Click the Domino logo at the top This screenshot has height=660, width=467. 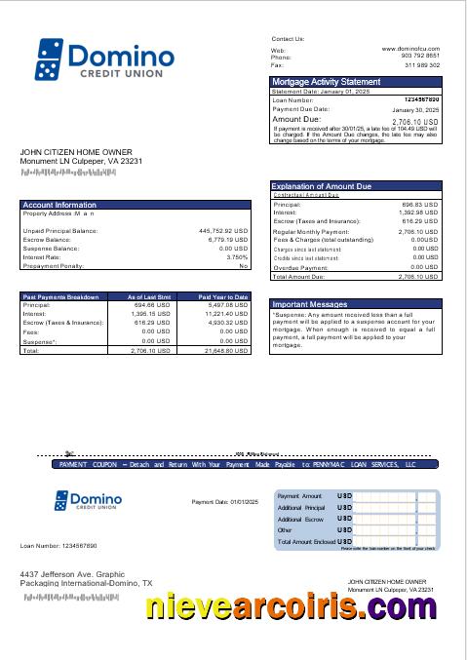coord(104,59)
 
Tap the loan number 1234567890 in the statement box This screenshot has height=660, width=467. coord(420,99)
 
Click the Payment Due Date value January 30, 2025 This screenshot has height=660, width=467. coord(415,110)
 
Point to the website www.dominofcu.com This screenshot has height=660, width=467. coord(410,48)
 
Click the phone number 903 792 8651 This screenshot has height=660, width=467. coord(421,57)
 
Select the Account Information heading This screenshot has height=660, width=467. coord(59,205)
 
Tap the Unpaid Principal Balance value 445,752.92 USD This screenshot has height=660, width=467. coord(223,231)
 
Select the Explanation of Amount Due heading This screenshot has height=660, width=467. coord(326,185)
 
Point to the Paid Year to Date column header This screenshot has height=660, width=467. coord(223,295)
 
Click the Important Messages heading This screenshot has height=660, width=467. coord(311,304)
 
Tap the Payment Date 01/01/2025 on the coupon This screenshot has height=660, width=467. coord(222,502)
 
